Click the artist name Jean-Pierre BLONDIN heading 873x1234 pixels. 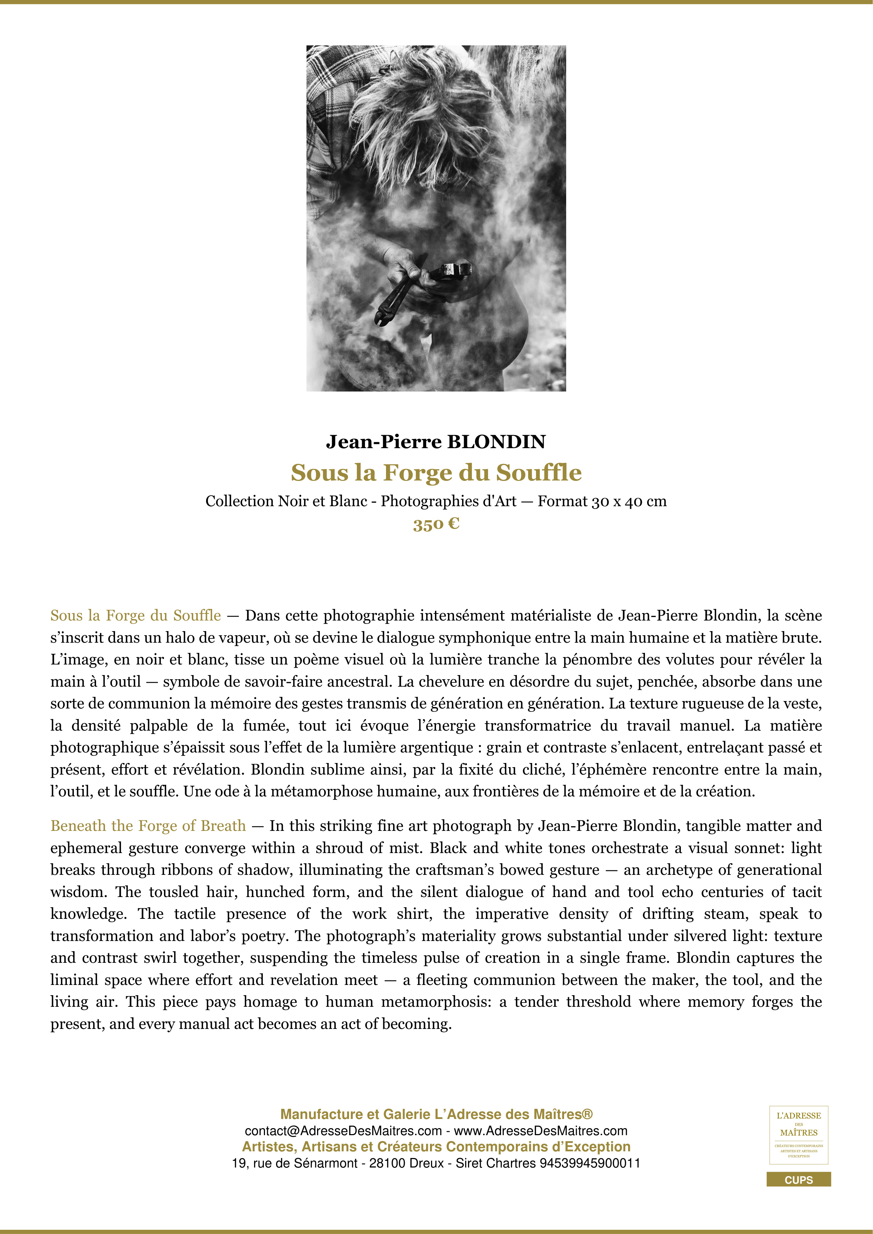pyautogui.click(x=436, y=442)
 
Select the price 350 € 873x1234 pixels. pyautogui.click(x=436, y=524)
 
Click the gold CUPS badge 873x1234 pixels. pyautogui.click(x=798, y=1180)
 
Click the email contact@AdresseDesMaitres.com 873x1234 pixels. pyautogui.click(x=343, y=1131)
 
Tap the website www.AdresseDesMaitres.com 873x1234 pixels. pyautogui.click(x=541, y=1131)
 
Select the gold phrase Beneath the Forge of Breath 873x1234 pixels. pyautogui.click(x=148, y=826)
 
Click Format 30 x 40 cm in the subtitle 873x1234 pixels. pyautogui.click(x=602, y=502)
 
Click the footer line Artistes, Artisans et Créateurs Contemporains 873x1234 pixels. pyautogui.click(x=436, y=1147)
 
